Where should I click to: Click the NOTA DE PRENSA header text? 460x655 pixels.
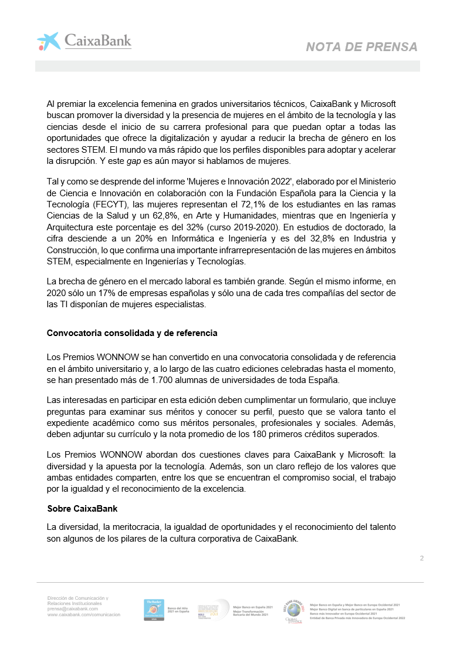point(361,47)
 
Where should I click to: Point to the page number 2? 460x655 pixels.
point(422,558)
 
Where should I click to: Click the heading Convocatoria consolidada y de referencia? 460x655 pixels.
point(132,333)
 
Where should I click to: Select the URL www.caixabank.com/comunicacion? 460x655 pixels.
point(84,614)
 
